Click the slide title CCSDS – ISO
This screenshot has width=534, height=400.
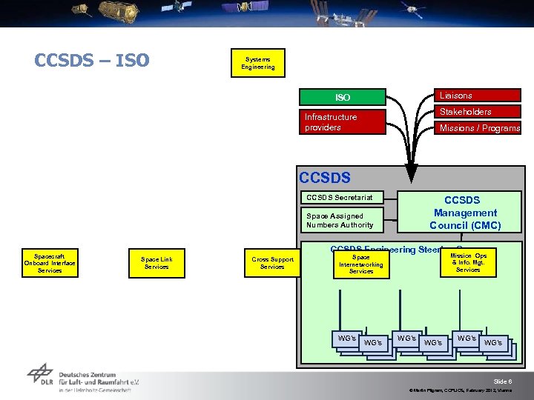(x=92, y=60)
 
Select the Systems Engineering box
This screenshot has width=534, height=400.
(x=257, y=63)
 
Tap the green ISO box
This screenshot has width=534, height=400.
(x=343, y=97)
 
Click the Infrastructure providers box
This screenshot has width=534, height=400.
(x=343, y=122)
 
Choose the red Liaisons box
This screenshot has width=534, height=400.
(x=477, y=96)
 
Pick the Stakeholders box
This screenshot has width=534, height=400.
(x=477, y=112)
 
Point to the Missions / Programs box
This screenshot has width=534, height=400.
(x=477, y=128)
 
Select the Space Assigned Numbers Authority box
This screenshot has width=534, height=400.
(x=340, y=220)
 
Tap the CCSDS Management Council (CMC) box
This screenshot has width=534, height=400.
(x=465, y=213)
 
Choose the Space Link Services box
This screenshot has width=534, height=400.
(x=156, y=262)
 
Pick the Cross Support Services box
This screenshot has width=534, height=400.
(x=272, y=263)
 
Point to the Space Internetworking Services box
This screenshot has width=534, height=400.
(x=361, y=264)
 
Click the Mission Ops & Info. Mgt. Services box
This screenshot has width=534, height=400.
(x=468, y=262)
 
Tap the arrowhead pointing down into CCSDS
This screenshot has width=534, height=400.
(x=407, y=160)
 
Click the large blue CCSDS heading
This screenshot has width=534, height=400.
(x=324, y=178)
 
